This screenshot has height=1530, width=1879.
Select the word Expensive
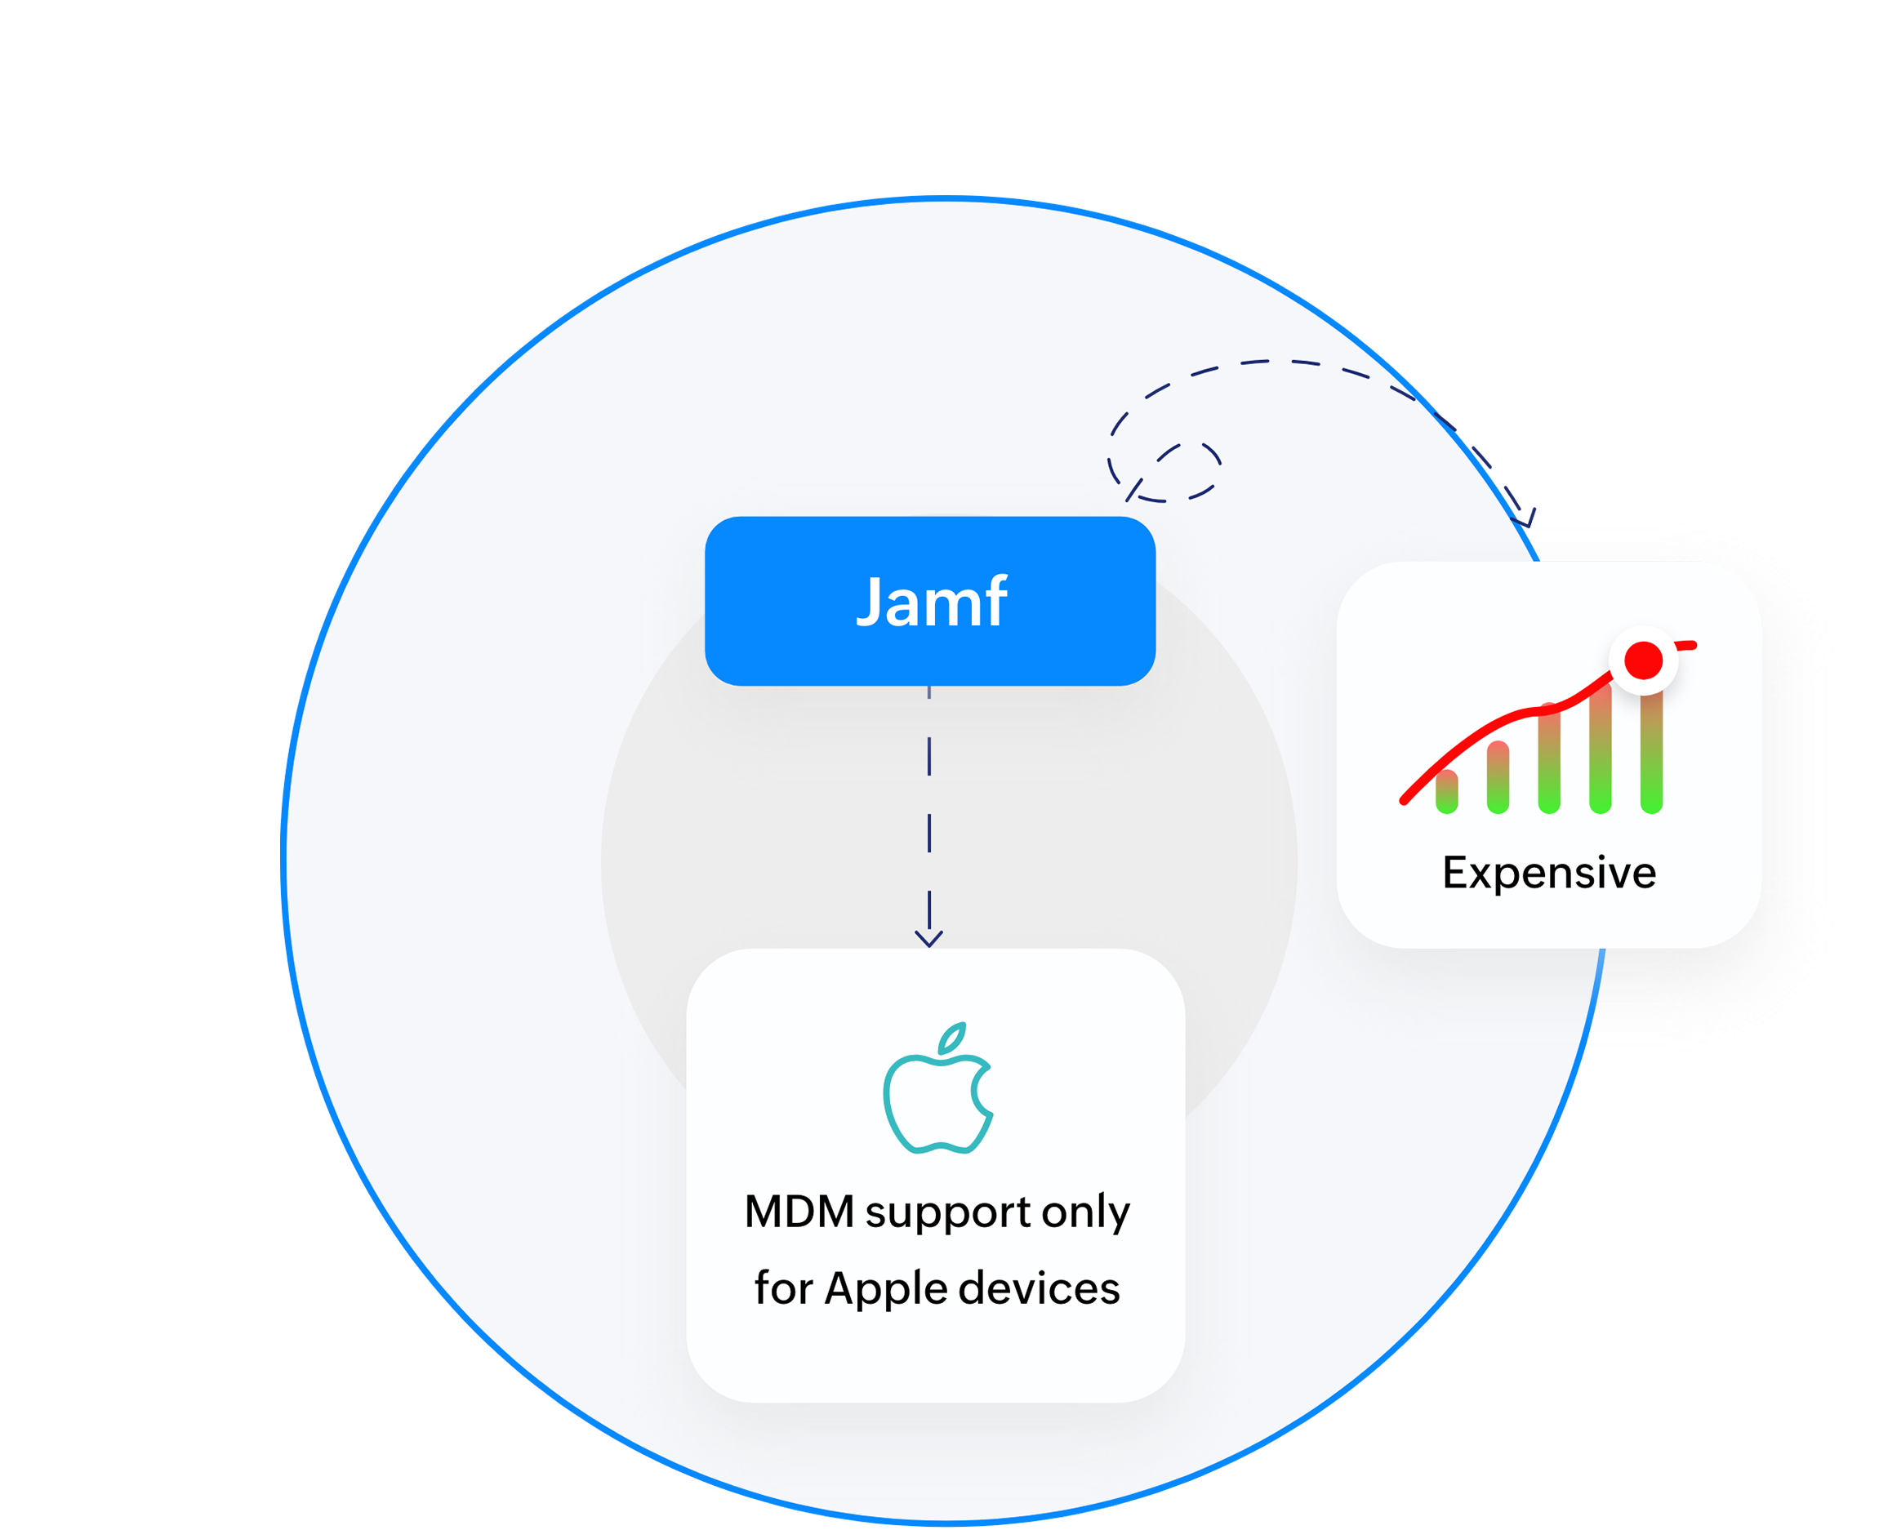pos(1548,873)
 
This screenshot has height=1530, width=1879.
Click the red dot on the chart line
pos(1643,661)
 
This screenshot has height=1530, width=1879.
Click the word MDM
pos(799,1212)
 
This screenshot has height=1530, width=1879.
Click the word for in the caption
pos(782,1288)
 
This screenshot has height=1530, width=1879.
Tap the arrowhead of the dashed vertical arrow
pos(929,938)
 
